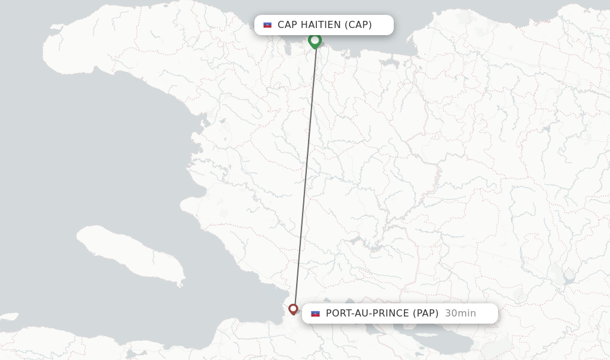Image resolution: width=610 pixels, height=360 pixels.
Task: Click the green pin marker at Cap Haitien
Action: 315,40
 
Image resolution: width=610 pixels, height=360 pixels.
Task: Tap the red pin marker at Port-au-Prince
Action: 293,309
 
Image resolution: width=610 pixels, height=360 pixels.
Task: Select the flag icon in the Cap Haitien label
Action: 267,25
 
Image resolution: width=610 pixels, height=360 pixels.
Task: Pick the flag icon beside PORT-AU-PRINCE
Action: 315,314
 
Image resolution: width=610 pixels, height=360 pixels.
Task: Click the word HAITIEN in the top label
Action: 321,25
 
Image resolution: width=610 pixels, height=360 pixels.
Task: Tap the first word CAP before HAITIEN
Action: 288,25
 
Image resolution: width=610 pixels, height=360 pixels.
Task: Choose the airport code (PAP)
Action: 426,314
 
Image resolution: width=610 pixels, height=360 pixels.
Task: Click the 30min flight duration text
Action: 460,314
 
